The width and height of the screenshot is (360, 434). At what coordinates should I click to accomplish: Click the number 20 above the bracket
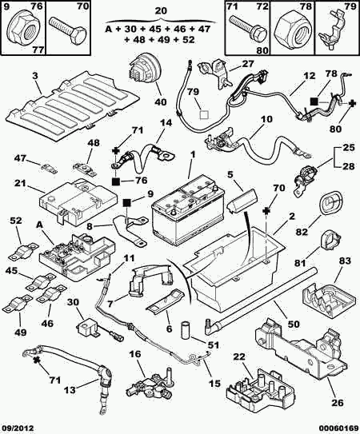(161, 11)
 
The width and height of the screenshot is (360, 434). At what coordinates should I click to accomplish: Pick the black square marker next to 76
(116, 181)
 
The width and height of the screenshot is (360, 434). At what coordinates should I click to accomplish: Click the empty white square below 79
(205, 114)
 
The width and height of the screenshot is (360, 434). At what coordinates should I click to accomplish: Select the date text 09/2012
(18, 428)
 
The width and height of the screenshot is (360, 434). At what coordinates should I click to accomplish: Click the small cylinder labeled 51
(186, 329)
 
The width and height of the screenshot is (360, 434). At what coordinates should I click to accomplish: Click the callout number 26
(338, 402)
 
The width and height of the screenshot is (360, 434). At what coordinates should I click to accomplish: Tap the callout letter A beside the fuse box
(40, 225)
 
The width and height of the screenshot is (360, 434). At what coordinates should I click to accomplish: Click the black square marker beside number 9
(127, 203)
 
